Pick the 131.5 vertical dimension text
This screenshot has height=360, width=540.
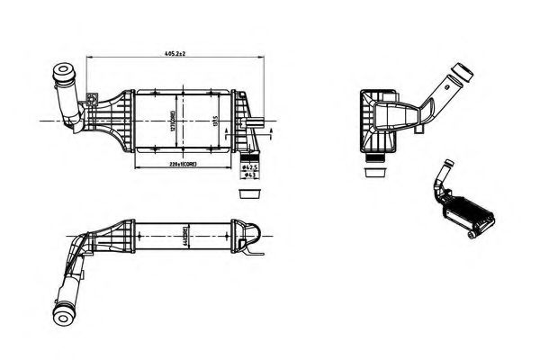point(214,121)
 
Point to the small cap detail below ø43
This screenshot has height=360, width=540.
point(248,193)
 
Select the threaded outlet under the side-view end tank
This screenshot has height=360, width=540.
point(373,157)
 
